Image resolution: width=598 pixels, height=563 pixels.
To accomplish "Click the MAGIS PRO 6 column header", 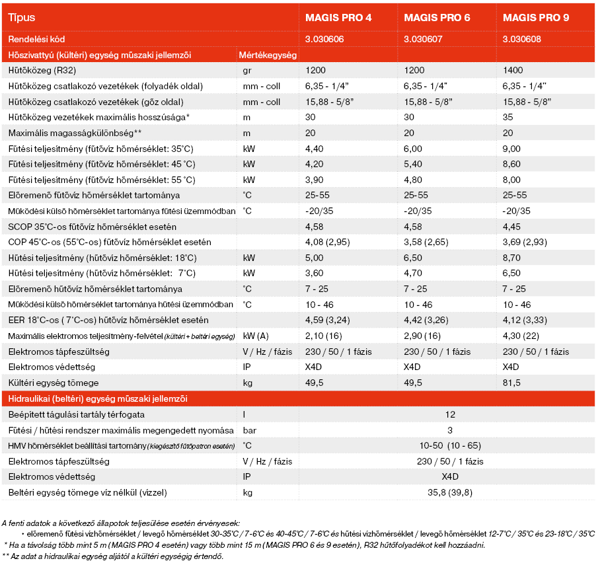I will click(437, 18).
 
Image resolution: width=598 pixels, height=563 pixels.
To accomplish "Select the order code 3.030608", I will click(522, 39).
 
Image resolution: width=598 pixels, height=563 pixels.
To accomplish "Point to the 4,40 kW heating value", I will click(315, 148).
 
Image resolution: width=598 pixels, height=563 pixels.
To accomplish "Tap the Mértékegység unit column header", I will click(268, 54).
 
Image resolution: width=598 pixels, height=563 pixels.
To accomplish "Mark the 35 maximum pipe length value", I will click(508, 117).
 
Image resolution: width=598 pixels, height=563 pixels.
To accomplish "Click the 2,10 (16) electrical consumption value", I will click(324, 336).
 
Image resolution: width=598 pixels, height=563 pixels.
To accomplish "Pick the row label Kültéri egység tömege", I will click(53, 383).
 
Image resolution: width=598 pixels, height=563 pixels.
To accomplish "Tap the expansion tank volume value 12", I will click(451, 414).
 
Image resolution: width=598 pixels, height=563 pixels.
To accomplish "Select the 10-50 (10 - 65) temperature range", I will click(451, 445).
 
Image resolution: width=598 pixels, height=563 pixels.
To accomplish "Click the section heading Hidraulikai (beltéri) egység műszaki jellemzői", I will click(97, 398).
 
